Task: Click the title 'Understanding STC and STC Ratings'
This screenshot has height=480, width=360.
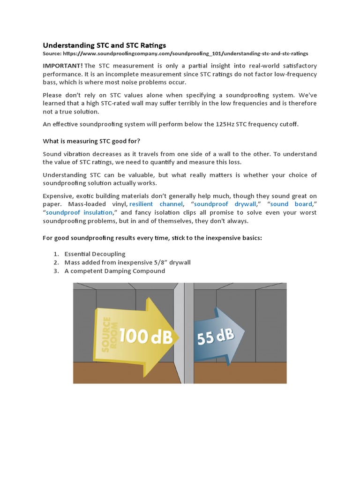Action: point(104,45)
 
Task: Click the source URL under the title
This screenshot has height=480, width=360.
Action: point(175,54)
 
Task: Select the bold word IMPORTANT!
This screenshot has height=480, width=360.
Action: point(63,66)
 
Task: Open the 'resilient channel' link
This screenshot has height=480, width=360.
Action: point(156,204)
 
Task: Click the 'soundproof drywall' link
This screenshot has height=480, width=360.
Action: point(225,204)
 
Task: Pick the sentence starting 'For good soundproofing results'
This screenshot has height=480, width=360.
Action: point(152,238)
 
